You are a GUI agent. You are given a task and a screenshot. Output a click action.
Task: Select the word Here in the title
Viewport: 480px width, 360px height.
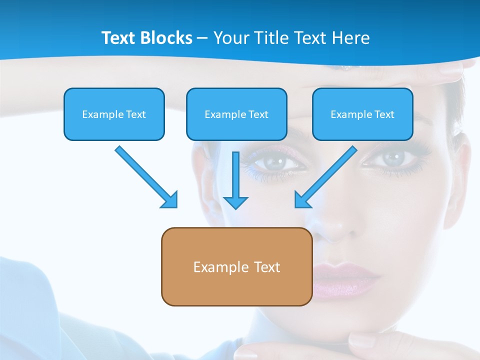point(352,38)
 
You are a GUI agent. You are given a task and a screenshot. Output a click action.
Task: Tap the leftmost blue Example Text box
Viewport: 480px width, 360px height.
point(114,114)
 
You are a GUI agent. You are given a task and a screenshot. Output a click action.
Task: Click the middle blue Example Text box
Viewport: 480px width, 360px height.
point(236,114)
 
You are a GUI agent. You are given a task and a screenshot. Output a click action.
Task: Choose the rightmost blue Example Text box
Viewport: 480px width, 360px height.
point(362,114)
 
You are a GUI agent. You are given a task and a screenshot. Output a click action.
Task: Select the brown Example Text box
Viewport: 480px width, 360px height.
point(236,267)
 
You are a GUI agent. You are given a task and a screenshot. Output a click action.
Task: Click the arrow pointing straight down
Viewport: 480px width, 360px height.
point(235,180)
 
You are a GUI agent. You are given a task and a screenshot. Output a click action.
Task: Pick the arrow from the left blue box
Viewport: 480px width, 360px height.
point(146,177)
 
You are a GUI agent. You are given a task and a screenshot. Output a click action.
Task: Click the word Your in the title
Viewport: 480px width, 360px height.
point(231,38)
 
